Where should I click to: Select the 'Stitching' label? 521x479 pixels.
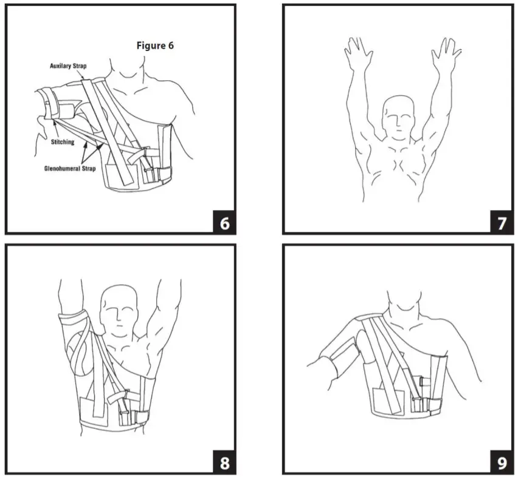[x=63, y=142]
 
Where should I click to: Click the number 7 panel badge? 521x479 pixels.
[x=502, y=223]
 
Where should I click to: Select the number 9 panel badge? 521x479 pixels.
[x=502, y=463]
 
